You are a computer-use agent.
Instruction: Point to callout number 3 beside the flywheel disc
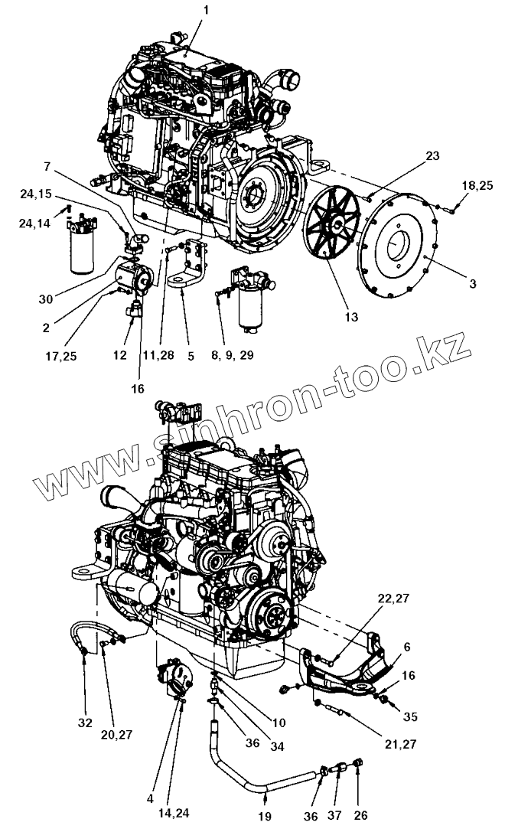474,284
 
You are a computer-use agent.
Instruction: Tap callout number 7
49,165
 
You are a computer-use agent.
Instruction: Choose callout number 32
85,722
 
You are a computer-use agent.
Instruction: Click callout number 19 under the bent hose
264,817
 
